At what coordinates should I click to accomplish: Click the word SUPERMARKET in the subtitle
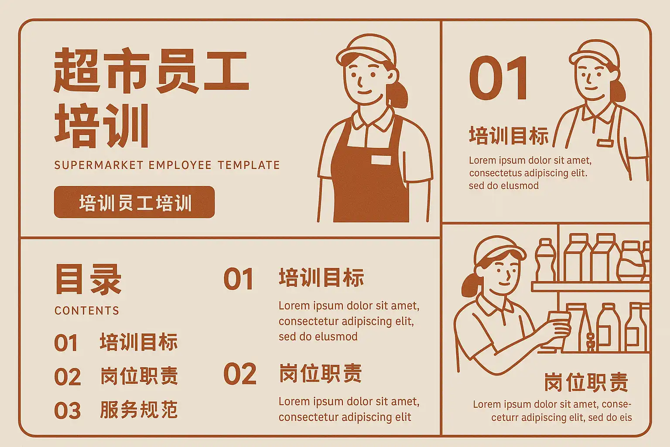click(99, 165)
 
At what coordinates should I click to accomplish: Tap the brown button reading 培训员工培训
click(134, 202)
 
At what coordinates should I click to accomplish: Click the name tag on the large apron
click(381, 160)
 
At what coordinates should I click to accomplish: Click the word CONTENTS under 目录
click(87, 310)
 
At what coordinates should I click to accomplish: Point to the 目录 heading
click(88, 279)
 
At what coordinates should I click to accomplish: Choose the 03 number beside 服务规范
click(67, 410)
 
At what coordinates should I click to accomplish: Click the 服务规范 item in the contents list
click(139, 409)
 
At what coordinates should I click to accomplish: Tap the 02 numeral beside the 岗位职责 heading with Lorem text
click(240, 374)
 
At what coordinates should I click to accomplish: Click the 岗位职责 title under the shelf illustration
click(586, 382)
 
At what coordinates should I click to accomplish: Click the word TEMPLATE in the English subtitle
click(249, 165)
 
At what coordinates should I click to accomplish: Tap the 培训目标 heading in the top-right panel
click(509, 136)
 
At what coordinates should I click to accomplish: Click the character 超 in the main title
click(76, 70)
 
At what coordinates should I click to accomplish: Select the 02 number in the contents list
click(67, 377)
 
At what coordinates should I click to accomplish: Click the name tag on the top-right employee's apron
click(605, 143)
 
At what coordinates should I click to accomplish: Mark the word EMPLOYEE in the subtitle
click(180, 165)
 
